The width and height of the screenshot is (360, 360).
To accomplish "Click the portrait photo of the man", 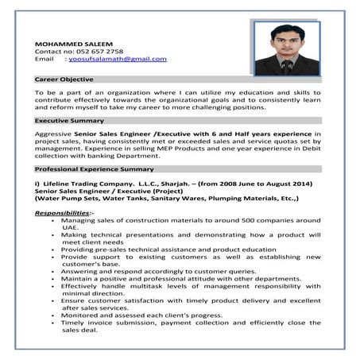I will point(287,48).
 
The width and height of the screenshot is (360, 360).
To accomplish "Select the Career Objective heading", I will point(64,79).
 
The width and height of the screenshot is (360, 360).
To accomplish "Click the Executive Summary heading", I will point(69,120).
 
